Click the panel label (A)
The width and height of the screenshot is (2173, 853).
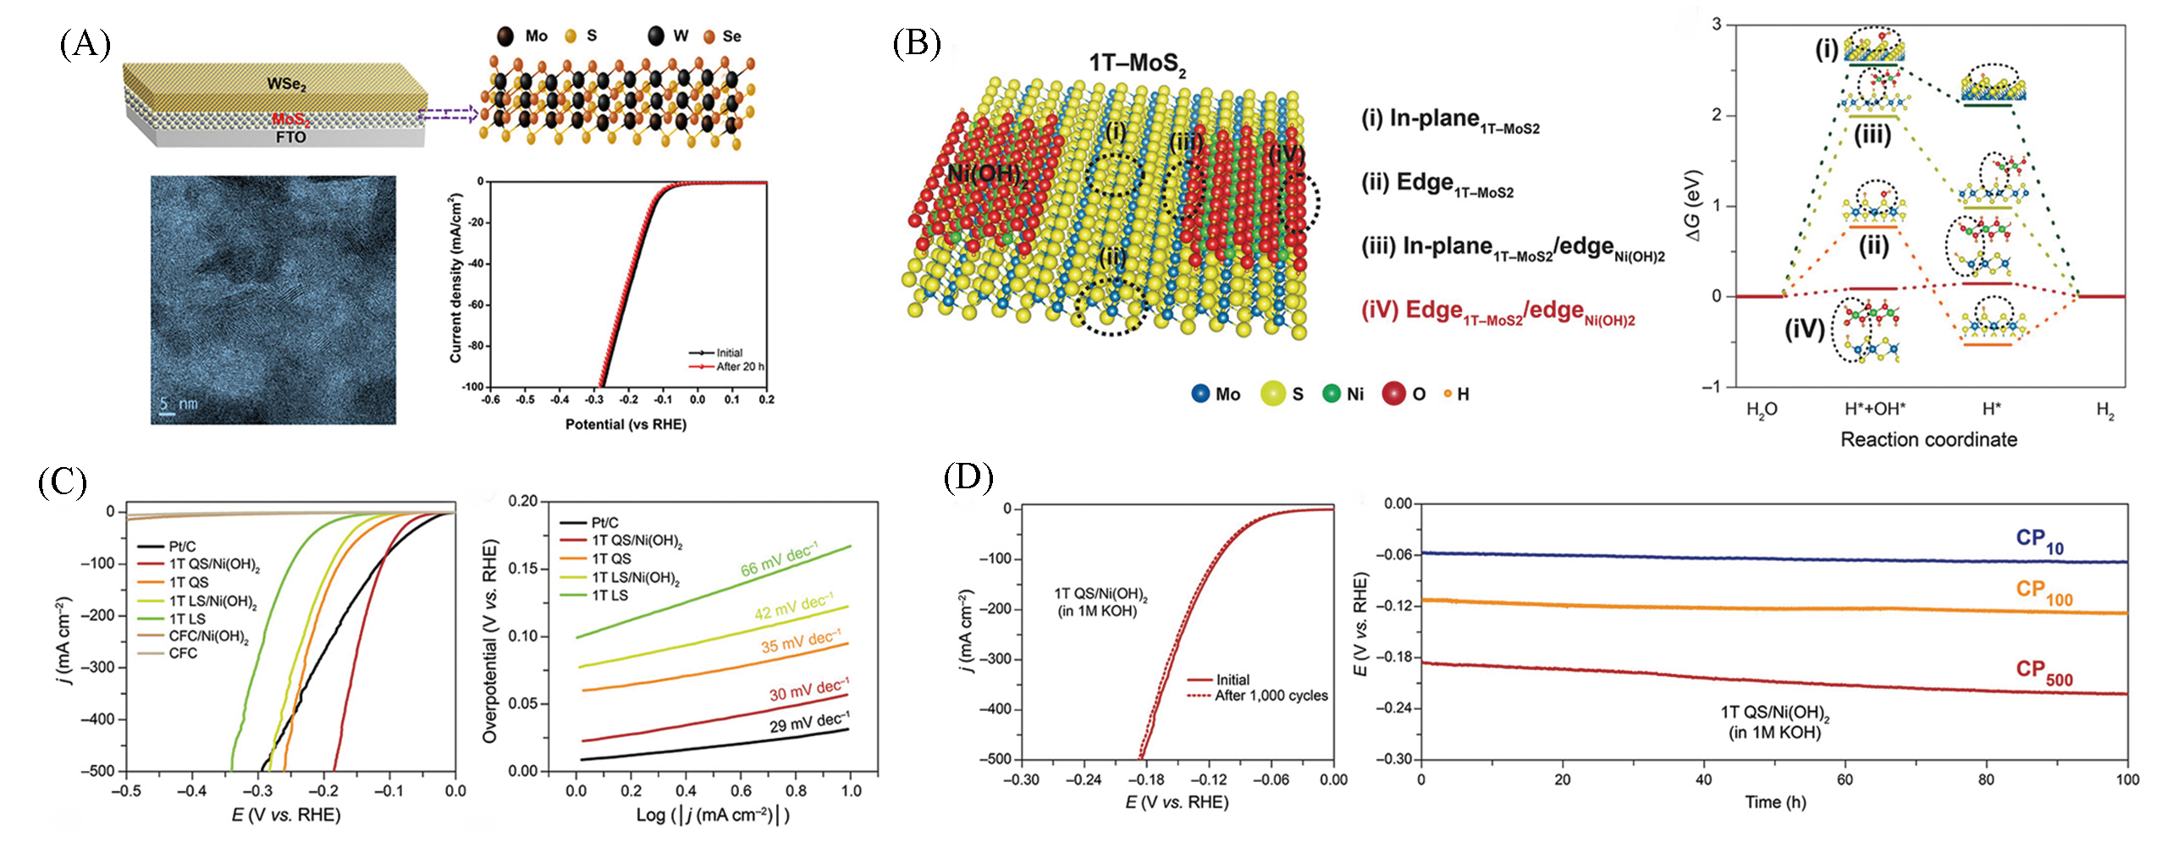click(85, 44)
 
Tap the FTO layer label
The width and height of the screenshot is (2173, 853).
click(290, 137)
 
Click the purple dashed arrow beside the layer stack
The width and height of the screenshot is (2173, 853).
click(449, 114)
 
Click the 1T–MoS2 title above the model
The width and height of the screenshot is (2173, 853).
click(1136, 64)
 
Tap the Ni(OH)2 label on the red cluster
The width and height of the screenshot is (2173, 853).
click(987, 175)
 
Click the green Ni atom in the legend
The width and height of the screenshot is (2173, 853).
click(1332, 393)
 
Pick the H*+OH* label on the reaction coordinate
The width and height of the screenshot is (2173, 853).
click(1874, 410)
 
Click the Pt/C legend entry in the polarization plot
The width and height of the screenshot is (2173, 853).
click(182, 547)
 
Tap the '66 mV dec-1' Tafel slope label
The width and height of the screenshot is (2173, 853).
click(779, 560)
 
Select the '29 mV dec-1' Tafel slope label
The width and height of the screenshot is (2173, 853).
click(808, 722)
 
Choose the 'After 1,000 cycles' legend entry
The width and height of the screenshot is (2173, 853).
click(1271, 696)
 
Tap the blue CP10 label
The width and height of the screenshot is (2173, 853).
click(2039, 540)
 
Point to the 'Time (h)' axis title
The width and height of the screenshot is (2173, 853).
click(1775, 802)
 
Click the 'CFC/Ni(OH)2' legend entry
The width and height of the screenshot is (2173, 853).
click(208, 636)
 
